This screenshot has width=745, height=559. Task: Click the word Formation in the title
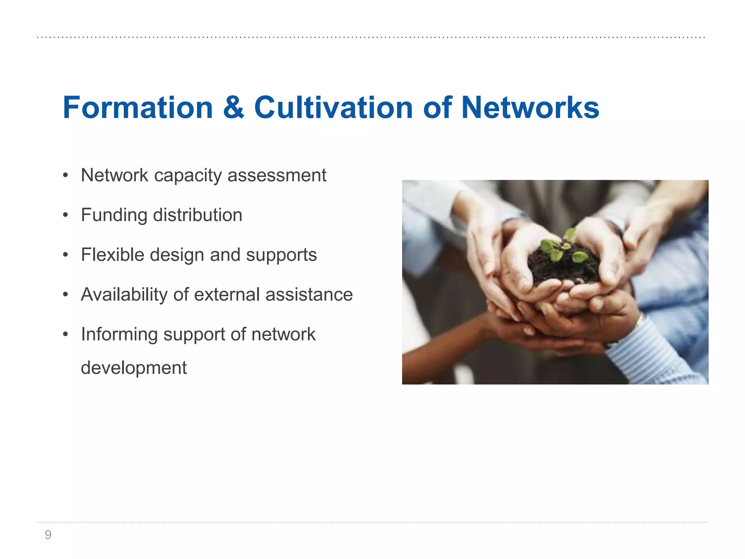[138, 107]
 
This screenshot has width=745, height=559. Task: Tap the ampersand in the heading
[234, 107]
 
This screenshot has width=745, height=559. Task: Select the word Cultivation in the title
[333, 107]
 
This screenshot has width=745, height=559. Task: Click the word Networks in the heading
[530, 107]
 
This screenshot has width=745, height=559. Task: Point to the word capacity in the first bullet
[188, 176]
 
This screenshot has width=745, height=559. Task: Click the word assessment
[277, 175]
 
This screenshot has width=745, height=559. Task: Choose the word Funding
[114, 215]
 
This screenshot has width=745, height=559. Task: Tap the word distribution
[198, 215]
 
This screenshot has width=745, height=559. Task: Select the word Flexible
[112, 254]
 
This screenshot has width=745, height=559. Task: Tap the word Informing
[119, 334]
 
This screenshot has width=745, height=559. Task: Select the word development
[134, 368]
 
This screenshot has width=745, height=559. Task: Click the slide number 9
[48, 535]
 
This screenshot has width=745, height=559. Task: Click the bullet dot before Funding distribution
[65, 215]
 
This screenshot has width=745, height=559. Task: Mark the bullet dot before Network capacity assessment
[65, 175]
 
